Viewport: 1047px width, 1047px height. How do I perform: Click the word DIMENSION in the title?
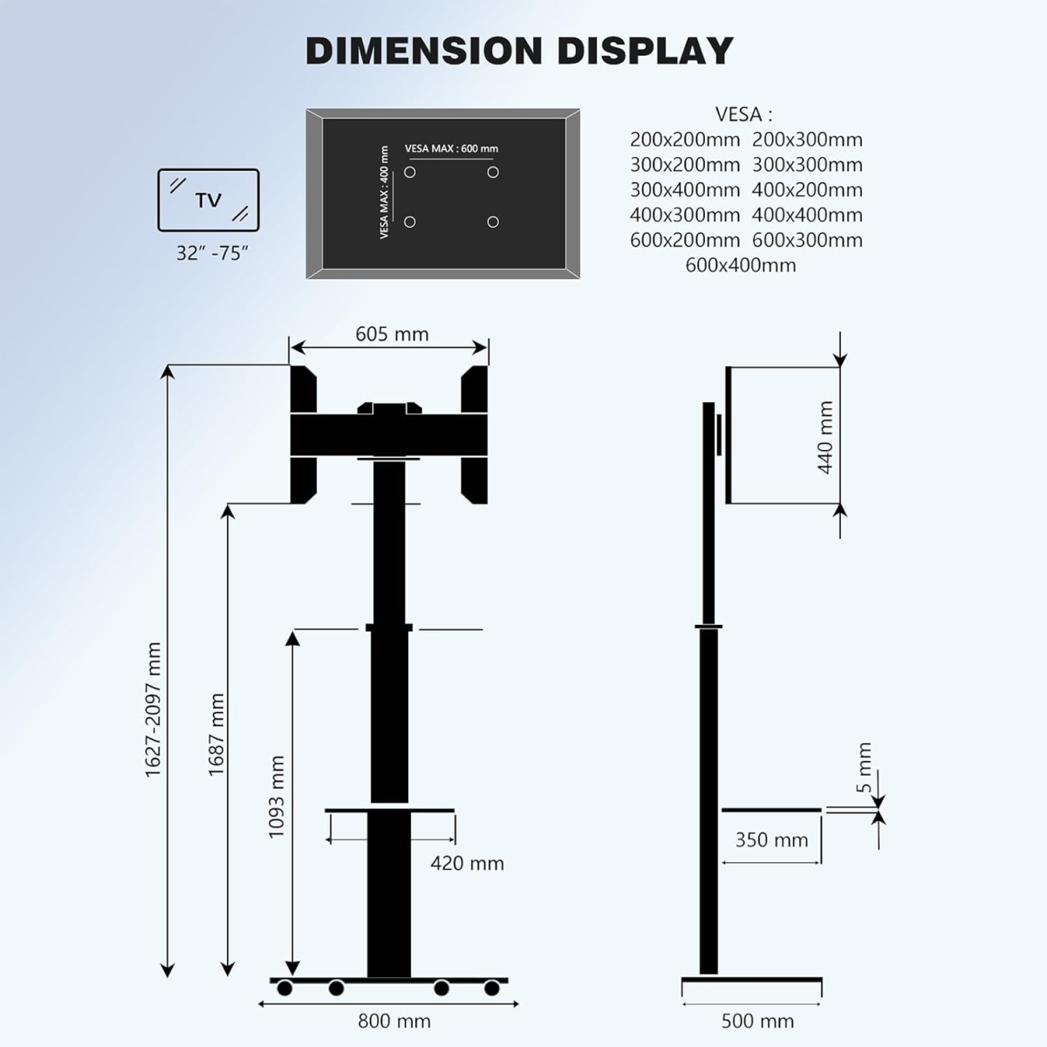tap(424, 51)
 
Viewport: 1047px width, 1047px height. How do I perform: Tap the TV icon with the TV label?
tap(209, 200)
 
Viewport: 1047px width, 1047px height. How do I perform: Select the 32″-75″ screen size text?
tap(212, 253)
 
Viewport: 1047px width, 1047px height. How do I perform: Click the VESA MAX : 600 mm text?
tap(451, 148)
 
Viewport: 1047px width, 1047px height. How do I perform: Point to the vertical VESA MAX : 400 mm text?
tap(385, 192)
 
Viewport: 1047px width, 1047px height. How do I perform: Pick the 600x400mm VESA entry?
tap(741, 265)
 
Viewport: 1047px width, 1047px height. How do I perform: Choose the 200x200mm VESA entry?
tap(685, 140)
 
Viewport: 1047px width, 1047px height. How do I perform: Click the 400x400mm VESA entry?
tap(807, 216)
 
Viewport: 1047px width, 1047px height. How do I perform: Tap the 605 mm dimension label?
tap(392, 333)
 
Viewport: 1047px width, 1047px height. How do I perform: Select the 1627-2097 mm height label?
tap(154, 709)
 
